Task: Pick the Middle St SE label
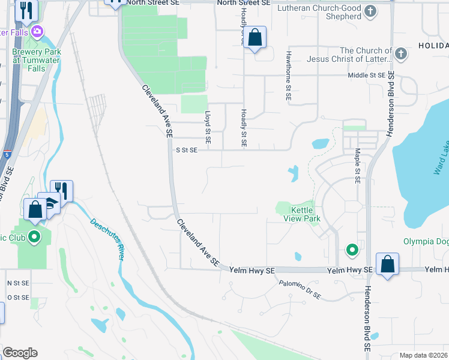point(366,75)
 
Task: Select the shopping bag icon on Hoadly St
point(255,38)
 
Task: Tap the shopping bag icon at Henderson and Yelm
point(388,264)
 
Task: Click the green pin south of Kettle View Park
point(352,249)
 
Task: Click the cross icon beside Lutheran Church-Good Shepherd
point(370,11)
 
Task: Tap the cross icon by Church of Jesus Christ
point(401,55)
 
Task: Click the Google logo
point(20,353)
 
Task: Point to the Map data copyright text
point(423,355)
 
